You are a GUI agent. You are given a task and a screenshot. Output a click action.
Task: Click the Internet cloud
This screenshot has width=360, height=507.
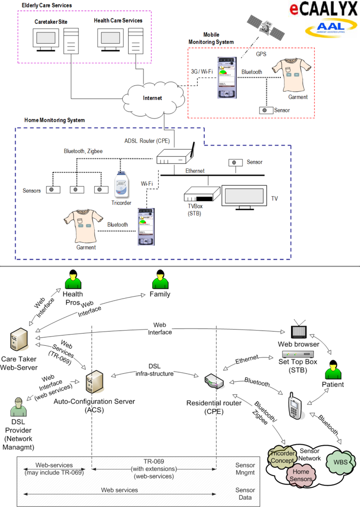pos(152,97)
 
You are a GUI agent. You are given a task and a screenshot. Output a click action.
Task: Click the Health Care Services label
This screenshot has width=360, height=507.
pos(118,21)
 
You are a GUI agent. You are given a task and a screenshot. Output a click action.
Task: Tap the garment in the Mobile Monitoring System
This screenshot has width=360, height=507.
pos(291,75)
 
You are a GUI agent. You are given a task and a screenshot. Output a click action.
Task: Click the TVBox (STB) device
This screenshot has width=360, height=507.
pos(200,196)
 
